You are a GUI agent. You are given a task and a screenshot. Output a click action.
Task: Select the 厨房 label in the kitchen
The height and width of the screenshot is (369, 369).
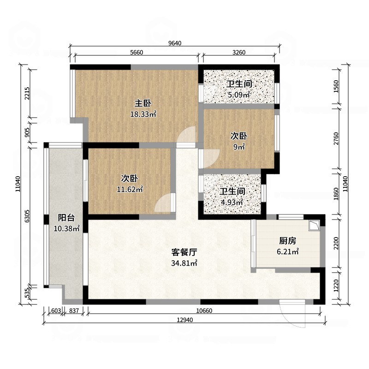[287, 240]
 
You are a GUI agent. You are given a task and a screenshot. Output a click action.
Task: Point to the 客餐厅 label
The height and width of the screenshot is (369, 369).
[184, 252]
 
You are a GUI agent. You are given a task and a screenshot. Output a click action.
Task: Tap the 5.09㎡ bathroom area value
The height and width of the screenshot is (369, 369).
[238, 95]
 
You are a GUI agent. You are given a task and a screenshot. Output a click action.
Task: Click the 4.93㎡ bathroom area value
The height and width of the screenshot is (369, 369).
[232, 202]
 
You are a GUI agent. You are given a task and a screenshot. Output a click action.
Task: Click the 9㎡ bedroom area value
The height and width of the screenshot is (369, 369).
[239, 147]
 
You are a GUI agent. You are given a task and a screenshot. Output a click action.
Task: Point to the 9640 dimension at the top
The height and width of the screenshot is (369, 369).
[175, 43]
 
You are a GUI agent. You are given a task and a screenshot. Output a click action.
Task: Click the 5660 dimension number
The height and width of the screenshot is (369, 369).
[137, 53]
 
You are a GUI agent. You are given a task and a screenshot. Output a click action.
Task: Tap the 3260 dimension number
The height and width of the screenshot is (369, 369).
[238, 53]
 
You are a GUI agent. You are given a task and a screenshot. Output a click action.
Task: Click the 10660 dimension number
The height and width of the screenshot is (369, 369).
[203, 311]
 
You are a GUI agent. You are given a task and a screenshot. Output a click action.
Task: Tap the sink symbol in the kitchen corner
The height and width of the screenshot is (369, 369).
[315, 225]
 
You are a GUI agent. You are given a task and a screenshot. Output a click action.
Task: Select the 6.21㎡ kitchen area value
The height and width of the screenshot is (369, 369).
[287, 251]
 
